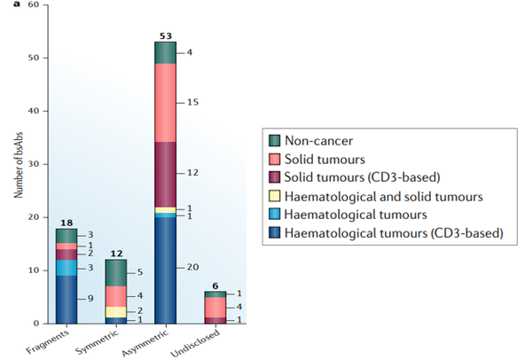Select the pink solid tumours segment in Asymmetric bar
pyautogui.click(x=165, y=103)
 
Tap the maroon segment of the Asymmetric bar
pyautogui.click(x=165, y=174)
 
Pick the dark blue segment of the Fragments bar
pyautogui.click(x=66, y=299)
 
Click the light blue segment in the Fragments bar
pyautogui.click(x=66, y=267)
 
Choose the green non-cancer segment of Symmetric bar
pyautogui.click(x=115, y=272)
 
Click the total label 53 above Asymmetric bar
pyautogui.click(x=165, y=35)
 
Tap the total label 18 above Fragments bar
pyautogui.click(x=65, y=223)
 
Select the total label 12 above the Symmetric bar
pyautogui.click(x=115, y=254)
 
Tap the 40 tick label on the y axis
pyautogui.click(x=33, y=111)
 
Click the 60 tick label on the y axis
pyautogui.click(x=33, y=5)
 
